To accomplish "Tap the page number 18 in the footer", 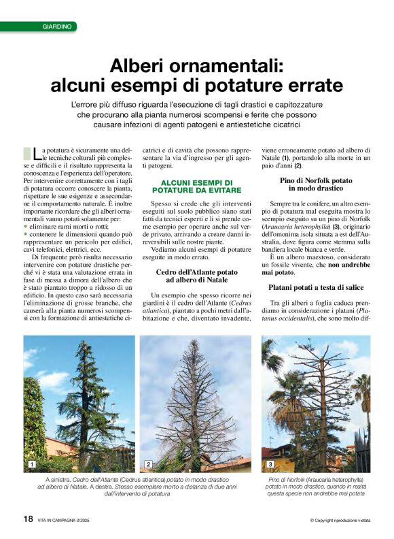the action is [x=28, y=519].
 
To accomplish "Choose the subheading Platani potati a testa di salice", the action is [x=316, y=289].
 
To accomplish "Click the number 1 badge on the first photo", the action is [x=31, y=464].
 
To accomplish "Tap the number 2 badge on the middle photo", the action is [x=148, y=464].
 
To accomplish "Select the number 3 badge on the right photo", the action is [x=270, y=464].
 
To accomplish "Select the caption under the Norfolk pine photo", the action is [x=316, y=487].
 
